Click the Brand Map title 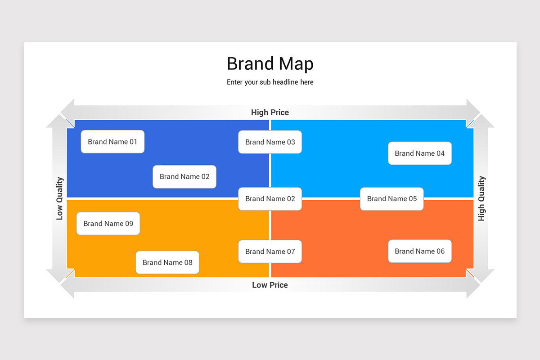tap(270, 64)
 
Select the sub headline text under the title tap(270, 82)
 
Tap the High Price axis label tap(270, 112)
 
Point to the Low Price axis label tap(270, 285)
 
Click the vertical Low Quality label tap(60, 198)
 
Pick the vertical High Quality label tap(481, 198)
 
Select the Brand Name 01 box tap(112, 142)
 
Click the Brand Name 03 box tap(270, 142)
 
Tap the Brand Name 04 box tap(420, 153)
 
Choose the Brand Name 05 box tap(392, 199)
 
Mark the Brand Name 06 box tap(420, 251)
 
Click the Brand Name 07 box tap(270, 252)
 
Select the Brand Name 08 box tap(167, 262)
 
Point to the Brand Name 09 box tap(108, 224)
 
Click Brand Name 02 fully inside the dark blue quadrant tap(184, 177)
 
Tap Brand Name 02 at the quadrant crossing tap(270, 199)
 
